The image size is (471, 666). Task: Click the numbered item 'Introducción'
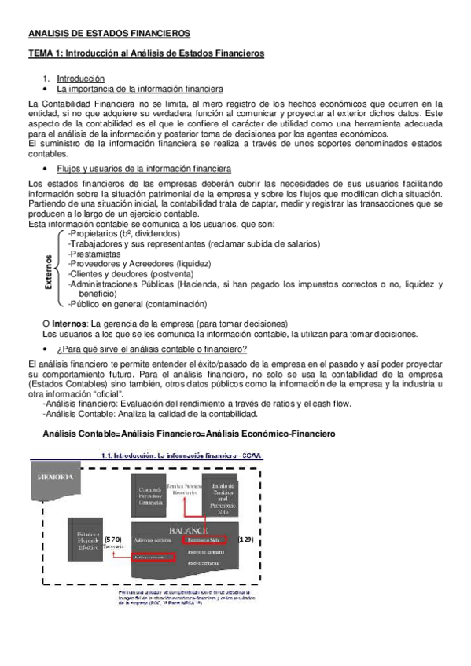[82, 79]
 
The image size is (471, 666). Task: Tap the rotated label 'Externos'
[49, 272]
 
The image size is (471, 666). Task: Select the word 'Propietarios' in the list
[95, 233]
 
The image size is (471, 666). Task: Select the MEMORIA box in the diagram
[54, 478]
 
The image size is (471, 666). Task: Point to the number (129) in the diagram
[245, 540]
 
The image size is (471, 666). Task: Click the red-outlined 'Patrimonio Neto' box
[204, 540]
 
